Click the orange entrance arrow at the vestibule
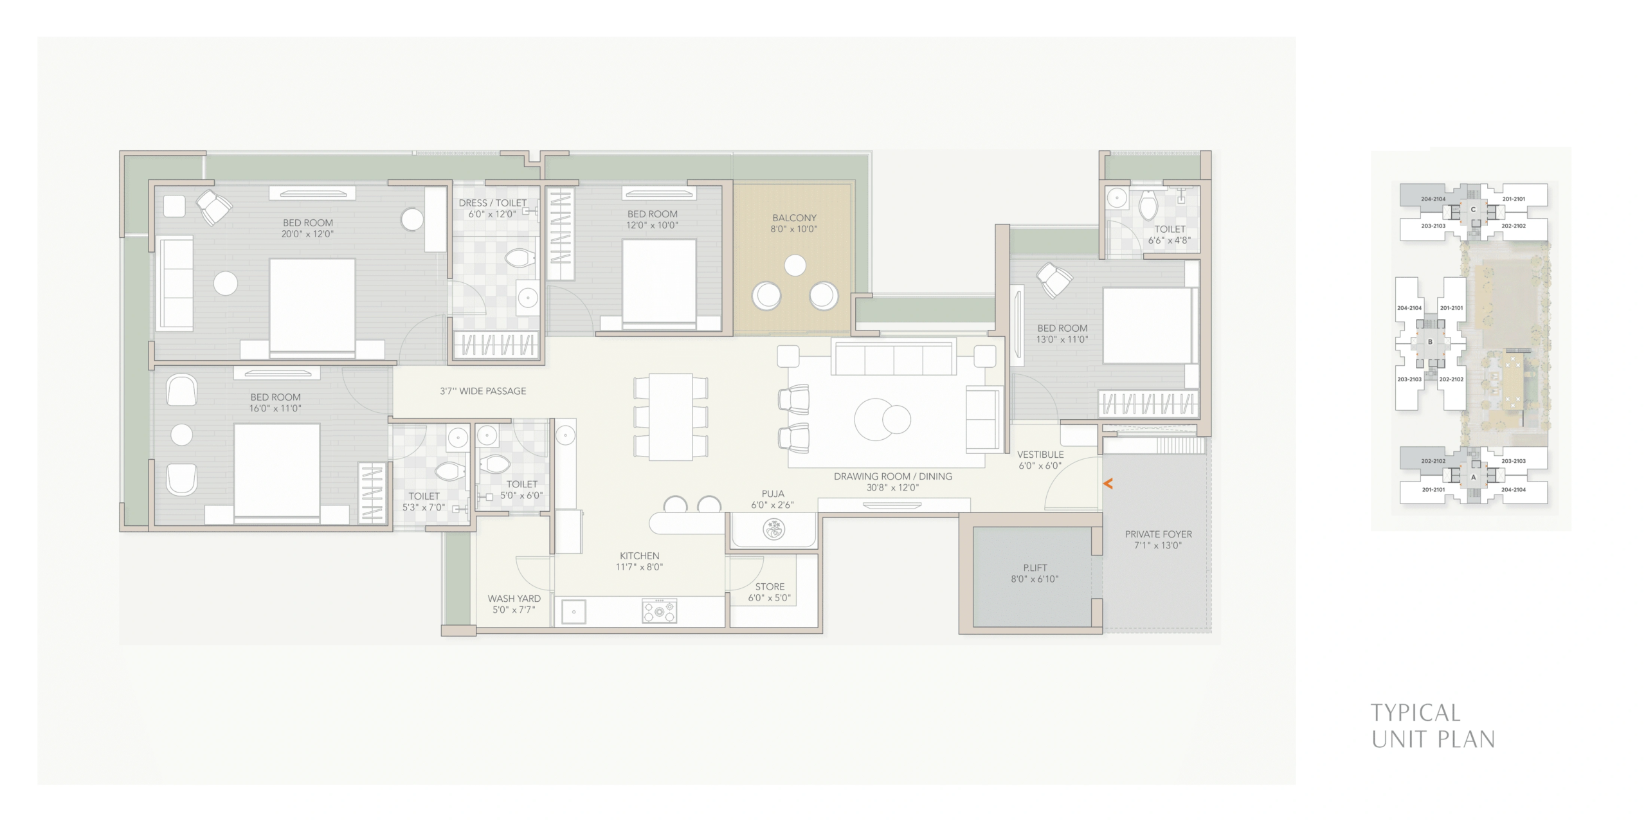click(x=1108, y=484)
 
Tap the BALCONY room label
click(x=794, y=218)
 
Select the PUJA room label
click(x=773, y=494)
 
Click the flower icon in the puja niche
click(x=773, y=530)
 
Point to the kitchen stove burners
click(x=659, y=611)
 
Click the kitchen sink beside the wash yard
click(x=574, y=612)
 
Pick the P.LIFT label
click(x=1035, y=568)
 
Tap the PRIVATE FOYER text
click(x=1159, y=534)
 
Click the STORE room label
click(x=770, y=586)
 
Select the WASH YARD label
click(x=514, y=599)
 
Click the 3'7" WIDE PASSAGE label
click(x=483, y=391)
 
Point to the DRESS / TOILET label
click(x=493, y=203)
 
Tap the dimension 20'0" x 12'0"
click(x=307, y=234)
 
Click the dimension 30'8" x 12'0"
click(x=892, y=487)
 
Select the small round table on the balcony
click(x=795, y=265)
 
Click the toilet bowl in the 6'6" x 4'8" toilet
click(x=1148, y=206)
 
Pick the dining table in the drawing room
click(x=671, y=417)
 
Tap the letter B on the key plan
click(x=1430, y=342)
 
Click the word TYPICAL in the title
click(x=1415, y=713)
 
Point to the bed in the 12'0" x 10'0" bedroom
click(x=659, y=283)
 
